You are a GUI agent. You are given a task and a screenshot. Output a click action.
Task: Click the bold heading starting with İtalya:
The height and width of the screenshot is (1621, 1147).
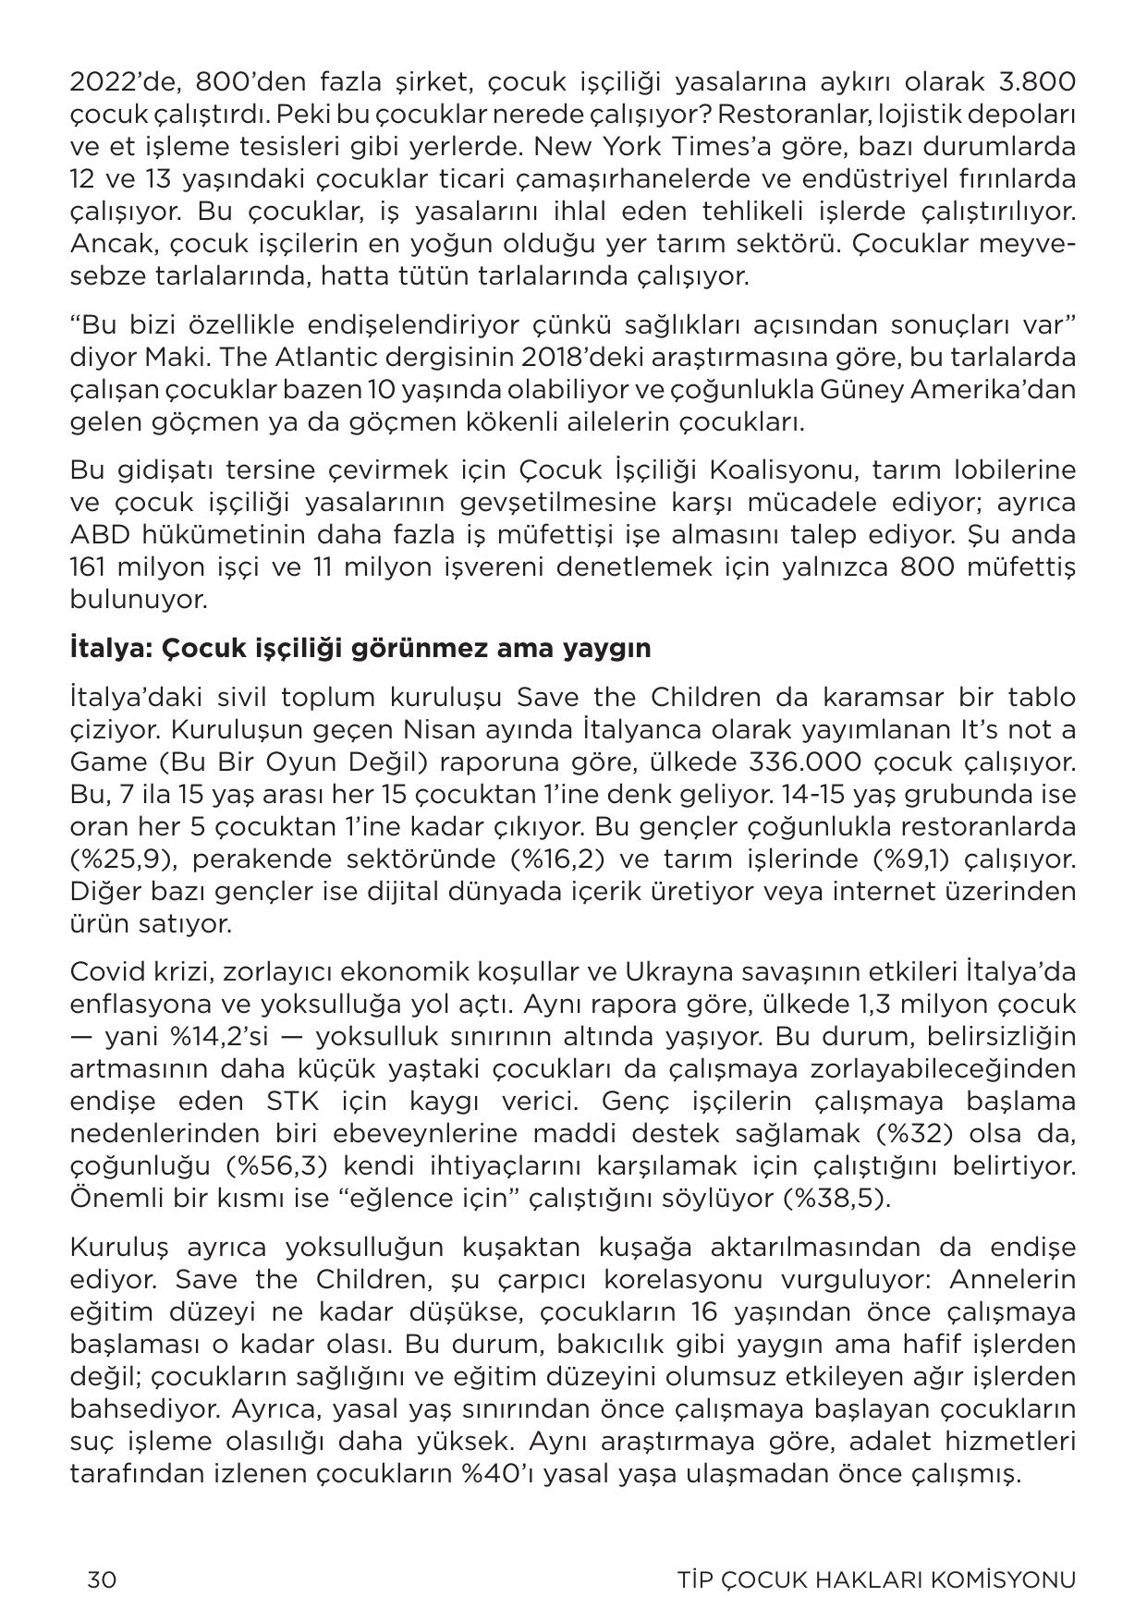click(360, 648)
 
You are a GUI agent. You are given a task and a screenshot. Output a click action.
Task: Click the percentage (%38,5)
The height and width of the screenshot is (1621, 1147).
click(836, 1199)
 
